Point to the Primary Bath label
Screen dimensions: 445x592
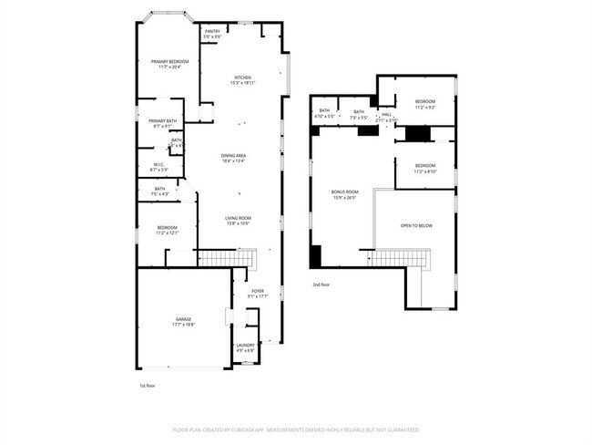coord(162,123)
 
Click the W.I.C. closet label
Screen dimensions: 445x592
coord(159,167)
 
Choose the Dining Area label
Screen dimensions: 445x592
coord(233,158)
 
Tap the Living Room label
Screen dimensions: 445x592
coord(238,220)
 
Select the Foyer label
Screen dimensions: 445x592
coord(258,293)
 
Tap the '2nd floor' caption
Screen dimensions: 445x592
coord(321,285)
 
